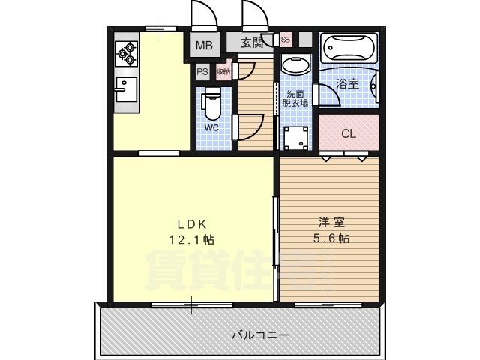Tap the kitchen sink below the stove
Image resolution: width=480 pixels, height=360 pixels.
point(125,88)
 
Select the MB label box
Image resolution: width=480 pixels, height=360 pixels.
point(204,46)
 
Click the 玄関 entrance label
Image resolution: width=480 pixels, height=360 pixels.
point(252,44)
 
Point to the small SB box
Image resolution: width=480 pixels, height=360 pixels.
point(286,40)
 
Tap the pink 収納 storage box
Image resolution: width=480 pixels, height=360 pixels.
point(223,72)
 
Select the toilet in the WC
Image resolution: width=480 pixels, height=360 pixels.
point(211,106)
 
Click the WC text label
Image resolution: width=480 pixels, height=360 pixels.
point(211,127)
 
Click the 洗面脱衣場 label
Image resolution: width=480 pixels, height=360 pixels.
point(295,99)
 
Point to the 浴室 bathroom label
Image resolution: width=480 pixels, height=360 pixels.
point(347,84)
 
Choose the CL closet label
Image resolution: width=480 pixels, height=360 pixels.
point(348,134)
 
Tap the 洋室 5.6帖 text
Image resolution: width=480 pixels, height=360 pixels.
point(331,230)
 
